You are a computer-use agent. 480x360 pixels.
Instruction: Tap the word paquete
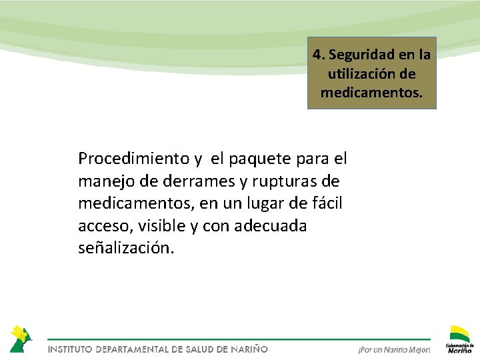click(261, 159)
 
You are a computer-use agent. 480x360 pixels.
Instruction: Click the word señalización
click(126, 249)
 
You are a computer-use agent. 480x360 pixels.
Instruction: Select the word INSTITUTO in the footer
click(70, 349)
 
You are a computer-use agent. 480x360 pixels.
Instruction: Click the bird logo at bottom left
click(20, 339)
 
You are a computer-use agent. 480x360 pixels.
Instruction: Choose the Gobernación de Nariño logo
click(459, 339)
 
